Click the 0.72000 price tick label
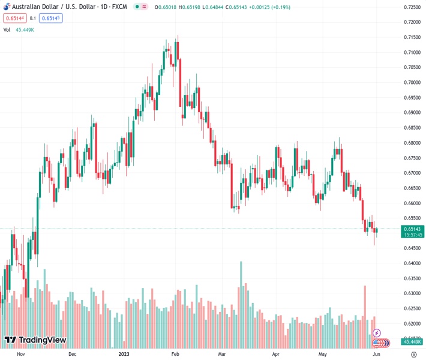pos(412,22)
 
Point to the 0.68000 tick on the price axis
pos(412,143)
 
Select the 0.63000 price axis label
pos(412,293)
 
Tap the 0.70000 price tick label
pos(412,82)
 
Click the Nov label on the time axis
pos(20,354)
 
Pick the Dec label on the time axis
pos(72,354)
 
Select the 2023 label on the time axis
pos(124,354)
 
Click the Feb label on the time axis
pos(175,354)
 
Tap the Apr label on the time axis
pos(275,354)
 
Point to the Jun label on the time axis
pos(376,354)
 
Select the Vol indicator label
pos(7,29)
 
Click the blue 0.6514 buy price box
pos(50,18)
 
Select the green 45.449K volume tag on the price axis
pos(412,342)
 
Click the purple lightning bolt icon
pos(377,332)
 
